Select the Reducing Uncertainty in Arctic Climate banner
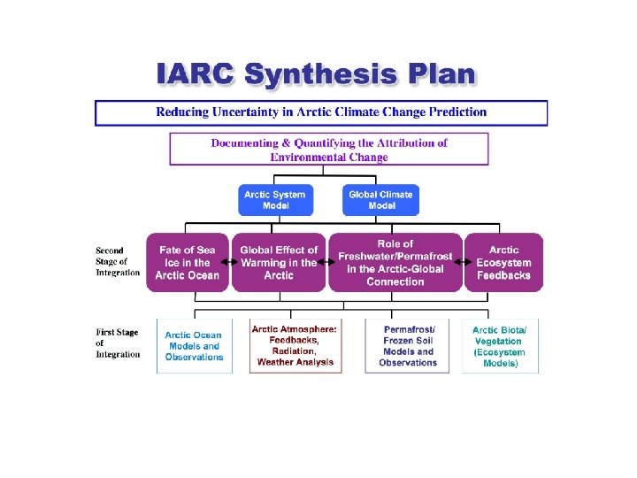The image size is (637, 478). pos(321,113)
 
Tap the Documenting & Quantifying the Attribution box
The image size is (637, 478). pos(328,150)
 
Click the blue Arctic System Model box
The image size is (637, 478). pos(275,200)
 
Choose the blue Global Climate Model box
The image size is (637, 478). pos(380,200)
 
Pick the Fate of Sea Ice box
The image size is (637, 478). pos(188,263)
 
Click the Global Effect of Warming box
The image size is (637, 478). pos(278,263)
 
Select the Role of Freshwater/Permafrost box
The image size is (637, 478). pos(395,262)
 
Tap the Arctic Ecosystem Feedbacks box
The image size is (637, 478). pos(503,263)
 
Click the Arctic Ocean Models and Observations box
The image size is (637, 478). pos(194,346)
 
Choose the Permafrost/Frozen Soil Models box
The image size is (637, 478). pos(408,346)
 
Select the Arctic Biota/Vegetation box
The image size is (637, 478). pos(500,346)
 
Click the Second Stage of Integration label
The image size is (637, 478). pos(118,262)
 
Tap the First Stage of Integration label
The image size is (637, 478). pos(118,343)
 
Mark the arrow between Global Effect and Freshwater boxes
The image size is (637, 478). pos(324,263)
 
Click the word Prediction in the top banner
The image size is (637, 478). pos(454,112)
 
